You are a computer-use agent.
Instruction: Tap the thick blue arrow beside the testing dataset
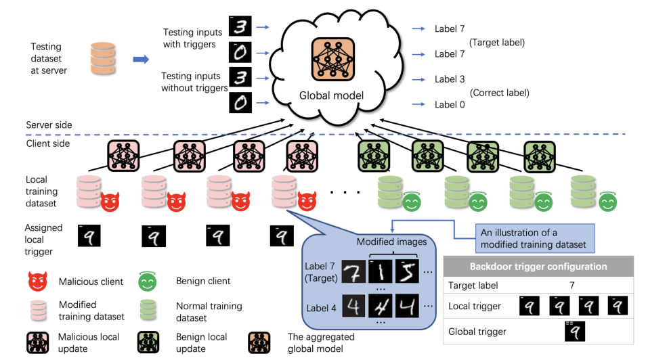140,60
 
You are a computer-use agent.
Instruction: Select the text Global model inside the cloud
331,95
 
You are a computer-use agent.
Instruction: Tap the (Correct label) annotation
499,93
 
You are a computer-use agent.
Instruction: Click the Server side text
49,125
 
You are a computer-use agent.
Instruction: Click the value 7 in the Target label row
572,286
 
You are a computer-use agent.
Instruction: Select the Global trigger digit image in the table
574,332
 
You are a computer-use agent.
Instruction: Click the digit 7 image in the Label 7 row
355,274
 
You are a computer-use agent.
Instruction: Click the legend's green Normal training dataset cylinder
148,311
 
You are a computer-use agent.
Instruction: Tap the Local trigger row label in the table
475,307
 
